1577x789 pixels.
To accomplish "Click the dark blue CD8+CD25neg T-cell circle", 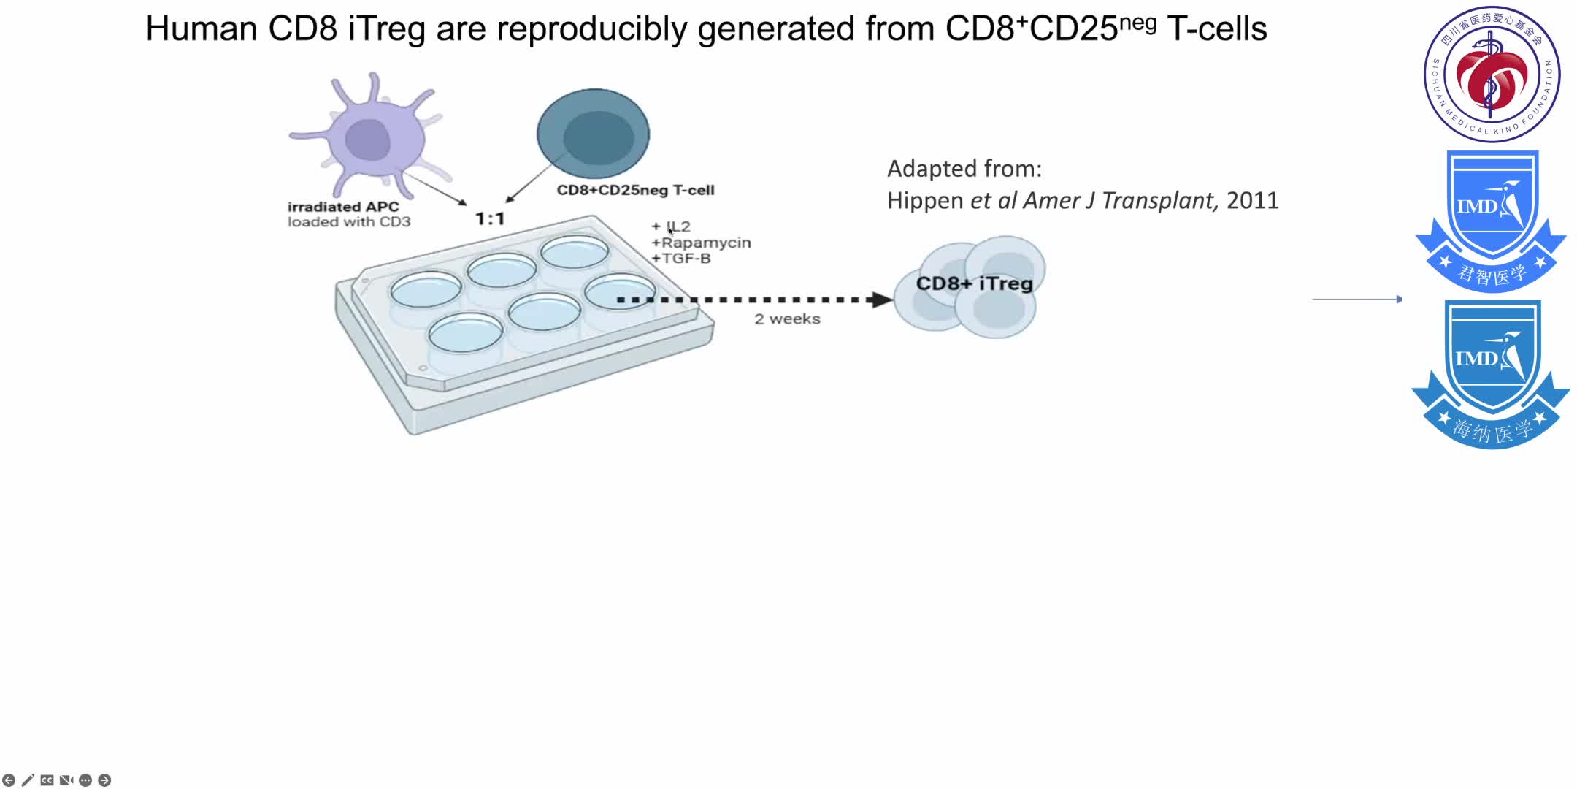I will [593, 134].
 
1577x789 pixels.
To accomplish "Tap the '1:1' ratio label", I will [490, 218].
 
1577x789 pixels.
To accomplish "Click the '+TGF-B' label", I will [681, 259].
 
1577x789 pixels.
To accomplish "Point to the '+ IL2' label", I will [671, 226].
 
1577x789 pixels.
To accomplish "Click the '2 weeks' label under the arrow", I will [787, 319].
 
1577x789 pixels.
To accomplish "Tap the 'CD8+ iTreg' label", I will [974, 283].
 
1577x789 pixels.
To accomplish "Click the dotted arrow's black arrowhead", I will [881, 300].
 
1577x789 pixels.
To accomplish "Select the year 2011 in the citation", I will [1252, 201].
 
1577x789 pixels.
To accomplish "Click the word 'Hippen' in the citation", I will [925, 201].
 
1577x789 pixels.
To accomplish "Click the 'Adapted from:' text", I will [964, 169].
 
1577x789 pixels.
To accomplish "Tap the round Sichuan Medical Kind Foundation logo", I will [1492, 74].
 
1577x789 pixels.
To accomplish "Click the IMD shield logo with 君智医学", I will [1491, 219].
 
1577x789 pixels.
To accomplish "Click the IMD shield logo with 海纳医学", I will [1491, 373].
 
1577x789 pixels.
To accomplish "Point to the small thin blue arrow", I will [1357, 299].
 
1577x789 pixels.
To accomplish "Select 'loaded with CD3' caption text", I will [349, 222].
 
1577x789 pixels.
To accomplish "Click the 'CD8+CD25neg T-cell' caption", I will [635, 190].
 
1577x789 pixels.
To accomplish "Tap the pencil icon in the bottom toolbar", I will [28, 780].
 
